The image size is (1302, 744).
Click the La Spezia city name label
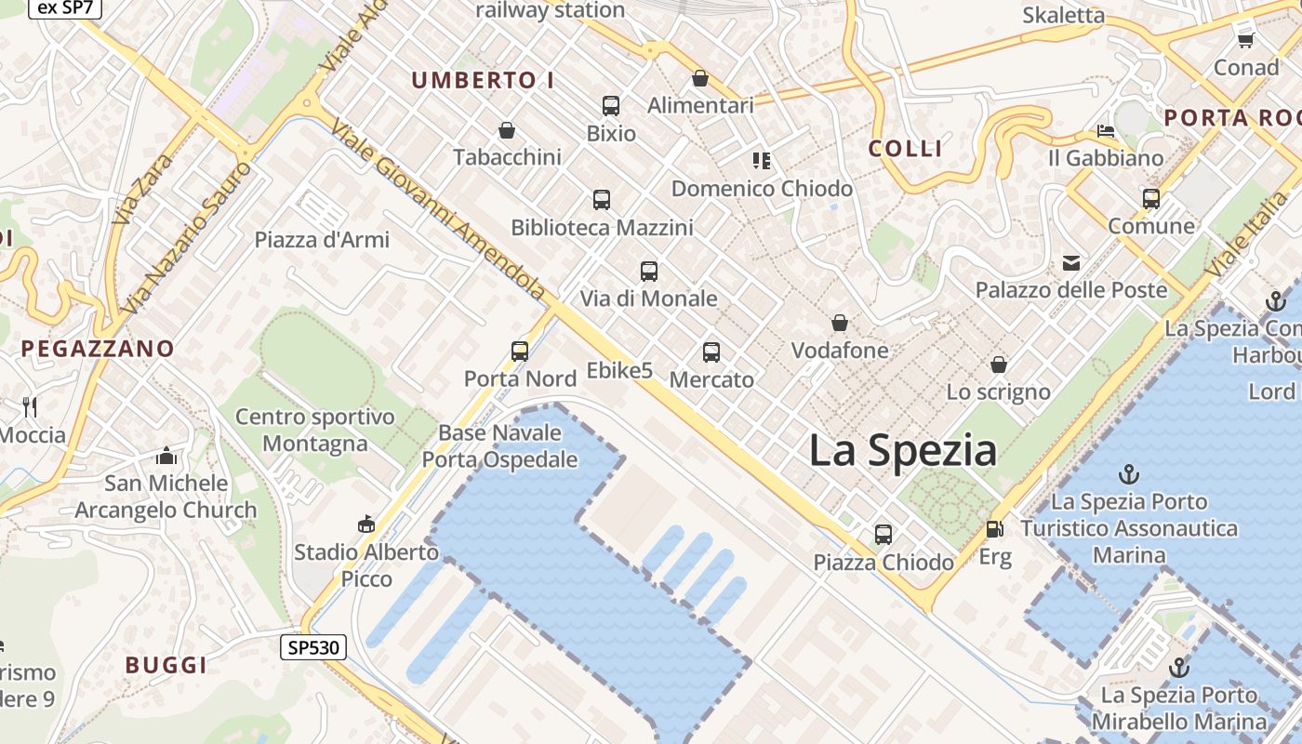click(x=902, y=451)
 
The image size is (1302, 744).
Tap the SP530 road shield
click(x=312, y=647)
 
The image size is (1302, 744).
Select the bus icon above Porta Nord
click(x=520, y=352)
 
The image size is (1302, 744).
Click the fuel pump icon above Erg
click(x=994, y=529)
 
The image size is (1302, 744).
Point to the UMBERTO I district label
click(x=483, y=81)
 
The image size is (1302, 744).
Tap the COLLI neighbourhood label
click(x=905, y=149)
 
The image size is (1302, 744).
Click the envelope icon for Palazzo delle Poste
click(x=1071, y=263)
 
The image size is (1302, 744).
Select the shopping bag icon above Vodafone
click(x=840, y=323)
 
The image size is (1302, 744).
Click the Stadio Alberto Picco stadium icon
click(x=365, y=525)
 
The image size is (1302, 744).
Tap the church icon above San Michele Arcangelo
click(x=166, y=456)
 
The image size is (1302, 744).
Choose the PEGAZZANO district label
click(x=98, y=349)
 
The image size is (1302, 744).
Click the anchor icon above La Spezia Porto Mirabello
click(x=1178, y=668)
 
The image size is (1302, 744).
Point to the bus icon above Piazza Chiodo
click(x=883, y=535)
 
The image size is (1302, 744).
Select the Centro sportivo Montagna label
click(x=314, y=430)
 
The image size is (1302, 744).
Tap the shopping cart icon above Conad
click(x=1245, y=39)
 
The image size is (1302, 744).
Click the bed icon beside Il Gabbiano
click(x=1106, y=130)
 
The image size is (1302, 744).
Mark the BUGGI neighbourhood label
click(x=166, y=665)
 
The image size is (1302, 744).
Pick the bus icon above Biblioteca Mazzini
click(x=602, y=199)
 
